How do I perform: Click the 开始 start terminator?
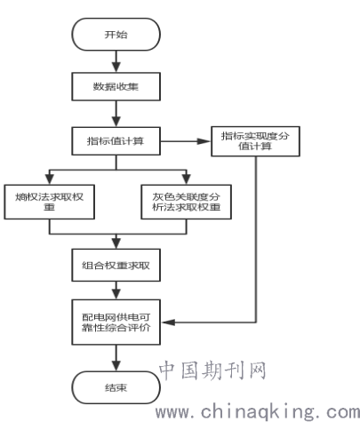(116, 35)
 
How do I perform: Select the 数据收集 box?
(116, 86)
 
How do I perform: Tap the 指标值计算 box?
(116, 141)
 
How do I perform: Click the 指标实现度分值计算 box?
(255, 141)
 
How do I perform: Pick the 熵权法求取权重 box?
(50, 202)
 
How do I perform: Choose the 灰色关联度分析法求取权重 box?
(186, 202)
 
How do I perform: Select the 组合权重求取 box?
(116, 265)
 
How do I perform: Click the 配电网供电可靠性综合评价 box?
(116, 322)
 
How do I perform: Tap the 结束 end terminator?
(116, 387)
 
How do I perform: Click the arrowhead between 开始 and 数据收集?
(116, 68)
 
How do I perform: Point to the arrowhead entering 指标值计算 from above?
(116, 122)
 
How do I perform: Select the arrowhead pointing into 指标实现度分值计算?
(204, 141)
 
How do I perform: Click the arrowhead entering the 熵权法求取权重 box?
(50, 179)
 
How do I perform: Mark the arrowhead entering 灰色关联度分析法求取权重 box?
(186, 179)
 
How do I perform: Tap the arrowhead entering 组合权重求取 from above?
(116, 243)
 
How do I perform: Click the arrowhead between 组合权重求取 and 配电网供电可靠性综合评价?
(116, 294)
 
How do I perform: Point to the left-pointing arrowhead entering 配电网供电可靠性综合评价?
(168, 322)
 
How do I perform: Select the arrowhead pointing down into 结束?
(116, 366)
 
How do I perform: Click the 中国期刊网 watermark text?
(212, 370)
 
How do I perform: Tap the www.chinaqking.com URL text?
(258, 412)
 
